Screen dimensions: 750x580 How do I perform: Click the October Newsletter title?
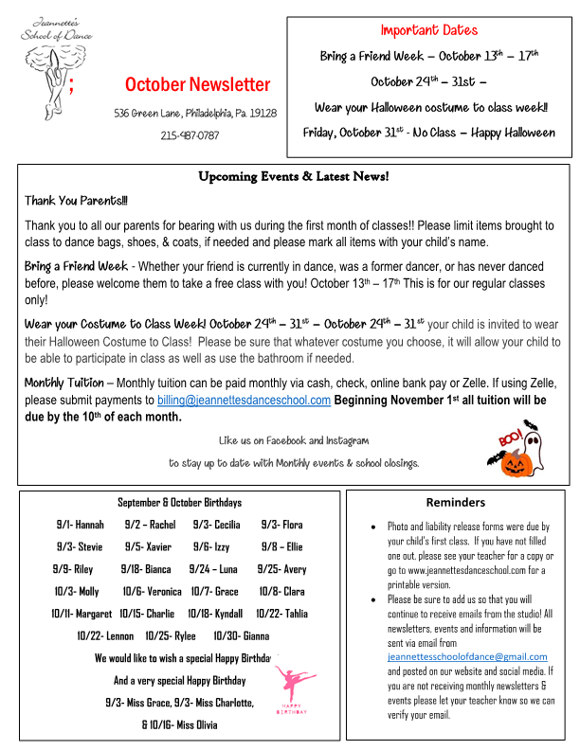(197, 84)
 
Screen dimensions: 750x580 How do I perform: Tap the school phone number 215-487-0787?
(190, 134)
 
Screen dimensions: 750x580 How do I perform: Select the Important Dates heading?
(429, 30)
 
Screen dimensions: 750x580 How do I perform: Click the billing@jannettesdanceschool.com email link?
(244, 400)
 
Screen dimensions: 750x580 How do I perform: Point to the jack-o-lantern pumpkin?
(516, 461)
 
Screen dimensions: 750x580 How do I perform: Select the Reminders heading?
(455, 502)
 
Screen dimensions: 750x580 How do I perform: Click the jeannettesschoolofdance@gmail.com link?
(467, 656)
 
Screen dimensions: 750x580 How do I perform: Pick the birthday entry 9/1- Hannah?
(81, 524)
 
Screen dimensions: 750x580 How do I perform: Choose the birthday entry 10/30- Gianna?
(242, 635)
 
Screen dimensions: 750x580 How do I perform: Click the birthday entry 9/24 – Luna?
(213, 569)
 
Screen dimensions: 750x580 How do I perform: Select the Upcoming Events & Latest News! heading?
(293, 176)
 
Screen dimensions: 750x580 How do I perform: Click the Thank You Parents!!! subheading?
(76, 201)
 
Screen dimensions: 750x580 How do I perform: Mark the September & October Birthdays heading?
(179, 502)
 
